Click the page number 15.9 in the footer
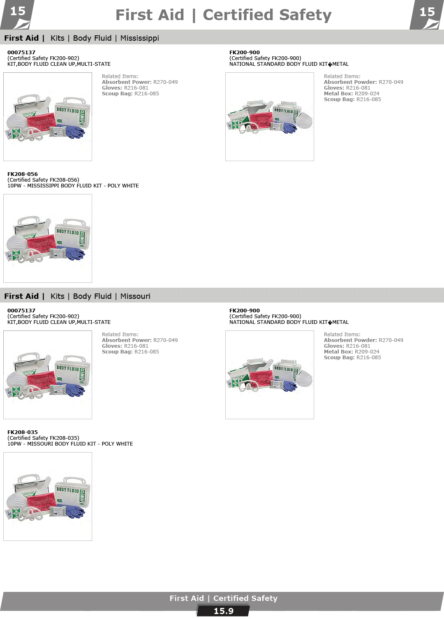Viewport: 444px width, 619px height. pyautogui.click(x=223, y=611)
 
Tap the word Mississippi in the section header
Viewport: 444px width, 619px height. pyautogui.click(x=140, y=38)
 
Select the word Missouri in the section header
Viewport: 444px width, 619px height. pyautogui.click(x=135, y=296)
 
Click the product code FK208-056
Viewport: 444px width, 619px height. pyautogui.click(x=22, y=174)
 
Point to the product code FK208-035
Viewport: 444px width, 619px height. pyautogui.click(x=22, y=432)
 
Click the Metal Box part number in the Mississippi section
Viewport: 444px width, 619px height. pyautogui.click(x=367, y=94)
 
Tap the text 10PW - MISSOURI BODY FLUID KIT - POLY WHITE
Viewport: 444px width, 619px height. pyautogui.click(x=70, y=444)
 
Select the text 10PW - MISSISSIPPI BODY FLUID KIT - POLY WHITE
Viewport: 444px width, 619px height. pyautogui.click(x=73, y=186)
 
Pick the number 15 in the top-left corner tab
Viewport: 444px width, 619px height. pyautogui.click(x=18, y=12)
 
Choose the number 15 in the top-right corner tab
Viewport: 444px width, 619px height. pyautogui.click(x=427, y=12)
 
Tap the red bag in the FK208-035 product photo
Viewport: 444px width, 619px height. pyautogui.click(x=41, y=501)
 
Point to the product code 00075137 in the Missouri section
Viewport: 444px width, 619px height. pyautogui.click(x=21, y=311)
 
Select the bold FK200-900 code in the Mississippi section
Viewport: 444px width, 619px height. pyautogui.click(x=244, y=53)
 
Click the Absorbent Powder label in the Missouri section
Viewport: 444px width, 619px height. pyautogui.click(x=350, y=340)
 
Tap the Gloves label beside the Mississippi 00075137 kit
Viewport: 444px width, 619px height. pyautogui.click(x=112, y=88)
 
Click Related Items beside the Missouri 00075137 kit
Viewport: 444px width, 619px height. pyautogui.click(x=120, y=335)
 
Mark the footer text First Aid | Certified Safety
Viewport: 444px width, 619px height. pyautogui.click(x=223, y=598)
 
